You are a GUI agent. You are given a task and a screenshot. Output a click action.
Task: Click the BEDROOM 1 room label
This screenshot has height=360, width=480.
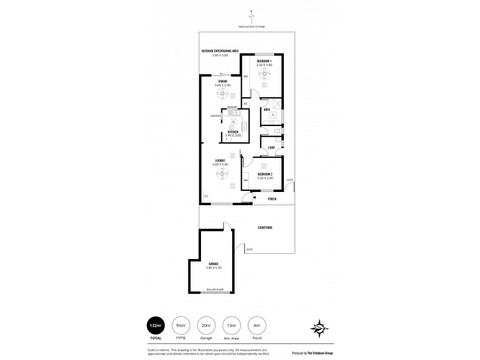tap(264, 61)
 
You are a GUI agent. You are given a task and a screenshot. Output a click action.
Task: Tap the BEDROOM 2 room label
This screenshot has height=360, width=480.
tap(265, 175)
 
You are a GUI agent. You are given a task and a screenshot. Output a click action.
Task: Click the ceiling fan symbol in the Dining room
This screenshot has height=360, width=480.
tap(223, 94)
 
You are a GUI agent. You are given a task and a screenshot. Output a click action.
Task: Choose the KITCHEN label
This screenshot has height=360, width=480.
tap(232, 132)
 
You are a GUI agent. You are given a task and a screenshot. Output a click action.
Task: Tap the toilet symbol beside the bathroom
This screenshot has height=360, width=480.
tap(275, 130)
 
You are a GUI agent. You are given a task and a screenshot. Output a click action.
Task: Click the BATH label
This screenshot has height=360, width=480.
tap(266, 109)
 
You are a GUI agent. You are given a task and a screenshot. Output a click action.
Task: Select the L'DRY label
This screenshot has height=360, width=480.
tap(271, 147)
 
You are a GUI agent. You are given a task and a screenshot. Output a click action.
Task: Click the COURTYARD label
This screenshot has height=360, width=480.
tap(266, 228)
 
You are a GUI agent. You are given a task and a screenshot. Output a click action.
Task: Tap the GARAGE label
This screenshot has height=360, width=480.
tap(214, 264)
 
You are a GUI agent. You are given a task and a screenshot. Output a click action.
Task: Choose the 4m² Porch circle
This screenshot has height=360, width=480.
tap(257, 326)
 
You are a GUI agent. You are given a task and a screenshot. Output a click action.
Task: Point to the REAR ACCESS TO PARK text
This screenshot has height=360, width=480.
tap(252, 26)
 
